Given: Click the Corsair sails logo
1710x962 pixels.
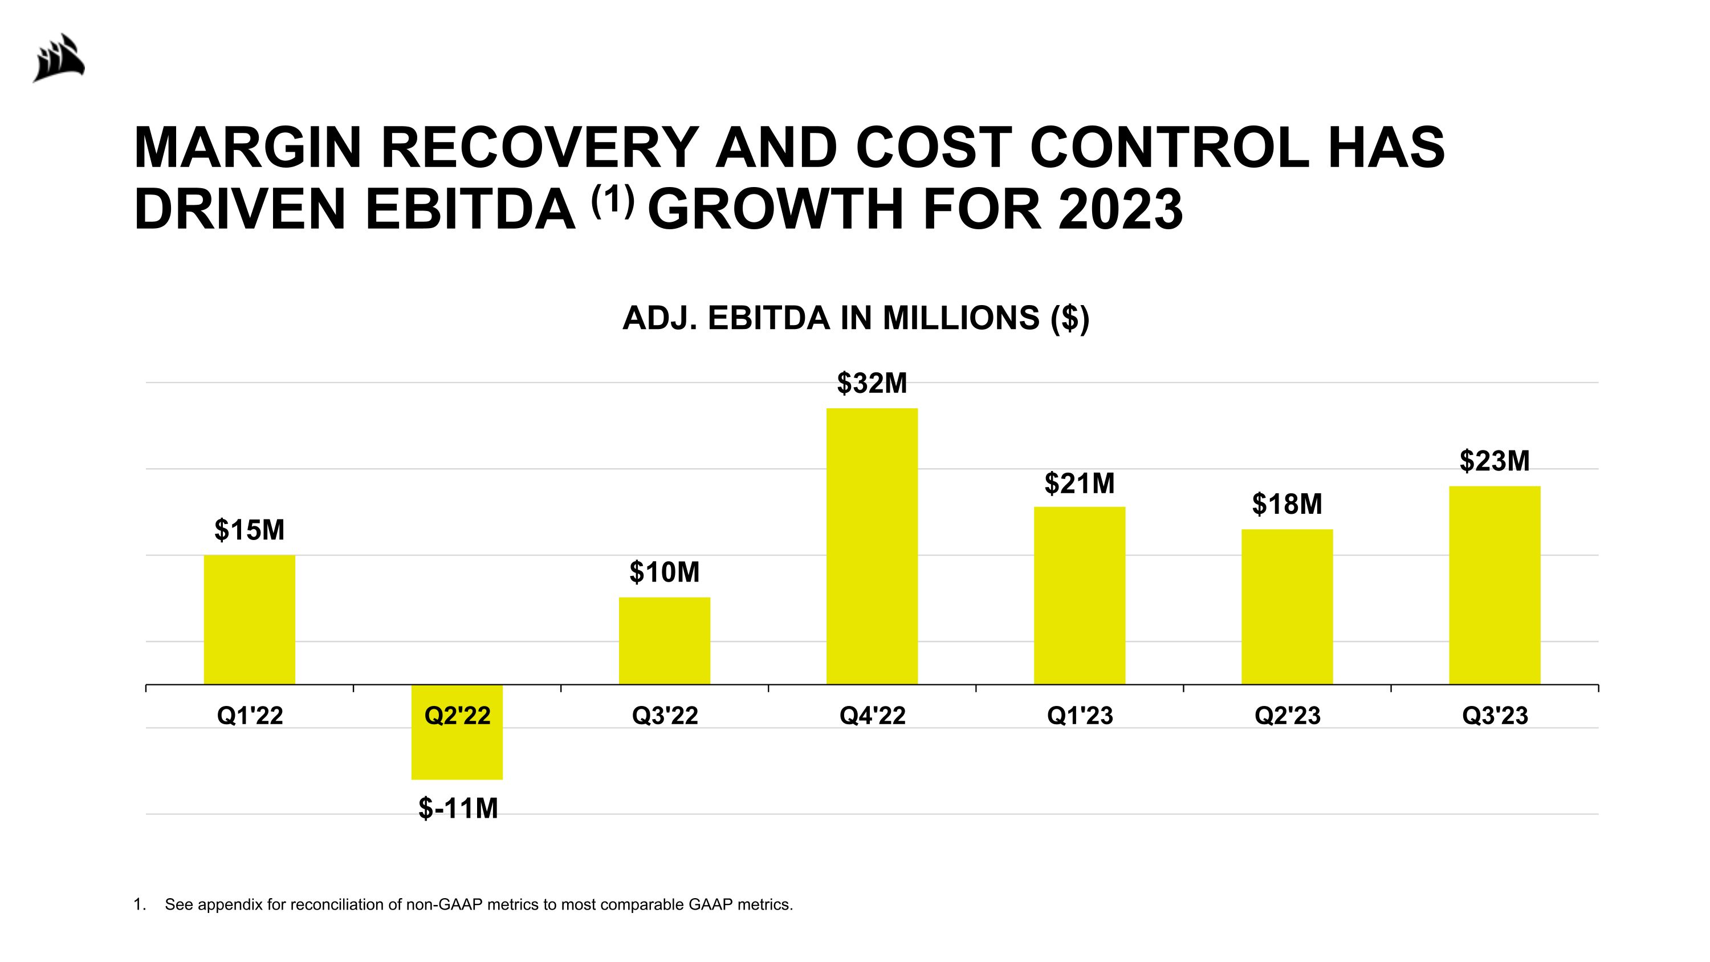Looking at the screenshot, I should (60, 58).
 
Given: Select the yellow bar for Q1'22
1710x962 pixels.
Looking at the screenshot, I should (250, 619).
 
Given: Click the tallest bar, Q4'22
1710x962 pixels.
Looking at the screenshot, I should (872, 546).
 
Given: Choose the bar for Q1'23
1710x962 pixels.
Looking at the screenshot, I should (1080, 595).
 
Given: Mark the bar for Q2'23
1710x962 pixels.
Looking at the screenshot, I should (1286, 606).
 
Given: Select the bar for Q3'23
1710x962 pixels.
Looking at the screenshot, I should (1495, 584).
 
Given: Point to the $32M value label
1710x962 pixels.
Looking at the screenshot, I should (872, 384).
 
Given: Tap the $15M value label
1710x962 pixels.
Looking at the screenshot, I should (250, 530).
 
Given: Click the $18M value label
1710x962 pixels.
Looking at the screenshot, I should (1286, 505).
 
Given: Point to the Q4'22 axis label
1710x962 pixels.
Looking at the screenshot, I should (872, 716).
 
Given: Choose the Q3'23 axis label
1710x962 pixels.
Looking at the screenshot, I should (1495, 716).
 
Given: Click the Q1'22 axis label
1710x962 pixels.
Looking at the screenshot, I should (250, 716).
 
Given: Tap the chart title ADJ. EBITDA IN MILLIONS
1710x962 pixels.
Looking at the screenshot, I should (856, 318).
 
